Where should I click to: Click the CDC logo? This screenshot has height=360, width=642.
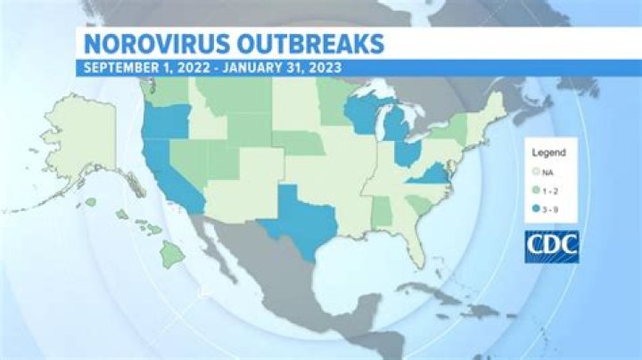tap(551, 244)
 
